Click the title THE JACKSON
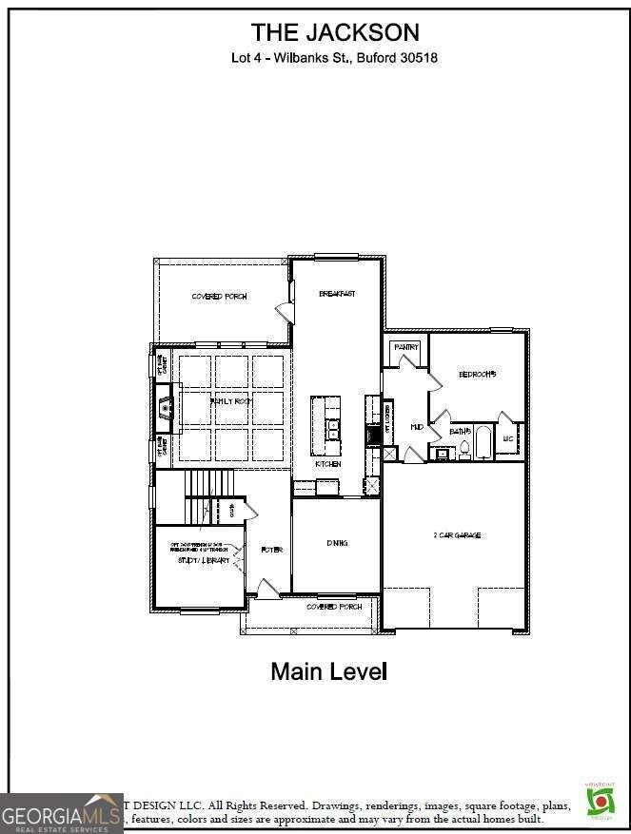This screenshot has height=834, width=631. point(334,32)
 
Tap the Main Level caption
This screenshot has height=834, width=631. point(328,671)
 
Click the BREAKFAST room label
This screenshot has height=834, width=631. point(337,294)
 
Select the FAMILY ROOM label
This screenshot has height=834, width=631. point(231,402)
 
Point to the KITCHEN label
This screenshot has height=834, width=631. point(328,464)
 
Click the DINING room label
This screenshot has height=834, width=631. point(337,543)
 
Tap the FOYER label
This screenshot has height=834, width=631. point(271,550)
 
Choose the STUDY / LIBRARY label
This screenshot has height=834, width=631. point(203,560)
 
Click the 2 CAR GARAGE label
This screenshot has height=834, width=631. point(457,535)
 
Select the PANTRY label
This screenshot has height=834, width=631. point(406,348)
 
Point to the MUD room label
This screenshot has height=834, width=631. point(416,428)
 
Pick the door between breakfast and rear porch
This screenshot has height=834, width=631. point(284,313)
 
